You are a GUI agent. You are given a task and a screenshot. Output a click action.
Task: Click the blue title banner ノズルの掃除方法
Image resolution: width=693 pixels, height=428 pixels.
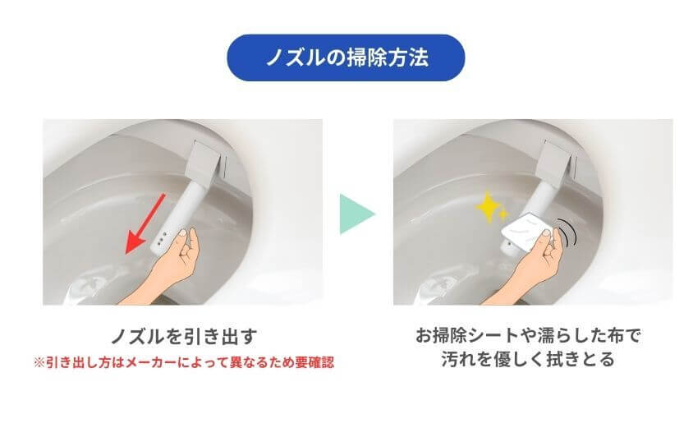click(346, 58)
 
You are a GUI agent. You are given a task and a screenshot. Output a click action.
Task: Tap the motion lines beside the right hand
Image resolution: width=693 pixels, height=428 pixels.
click(567, 232)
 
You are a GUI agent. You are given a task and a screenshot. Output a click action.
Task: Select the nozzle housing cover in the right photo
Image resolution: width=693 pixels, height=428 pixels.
click(556, 161)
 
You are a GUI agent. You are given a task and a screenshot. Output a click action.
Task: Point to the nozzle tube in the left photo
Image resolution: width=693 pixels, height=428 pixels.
click(183, 209)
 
